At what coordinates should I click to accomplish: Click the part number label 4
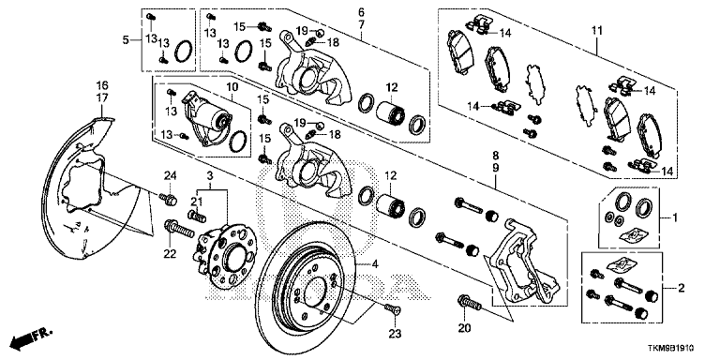375,264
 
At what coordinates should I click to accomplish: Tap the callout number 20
465,329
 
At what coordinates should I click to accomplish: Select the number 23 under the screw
395,334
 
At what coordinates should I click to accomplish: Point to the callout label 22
170,253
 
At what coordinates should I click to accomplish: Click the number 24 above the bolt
171,175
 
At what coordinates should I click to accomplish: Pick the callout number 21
197,201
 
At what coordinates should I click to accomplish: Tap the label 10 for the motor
232,86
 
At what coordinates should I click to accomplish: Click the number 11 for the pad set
596,31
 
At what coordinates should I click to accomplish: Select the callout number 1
675,216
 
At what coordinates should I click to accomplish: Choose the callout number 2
682,289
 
